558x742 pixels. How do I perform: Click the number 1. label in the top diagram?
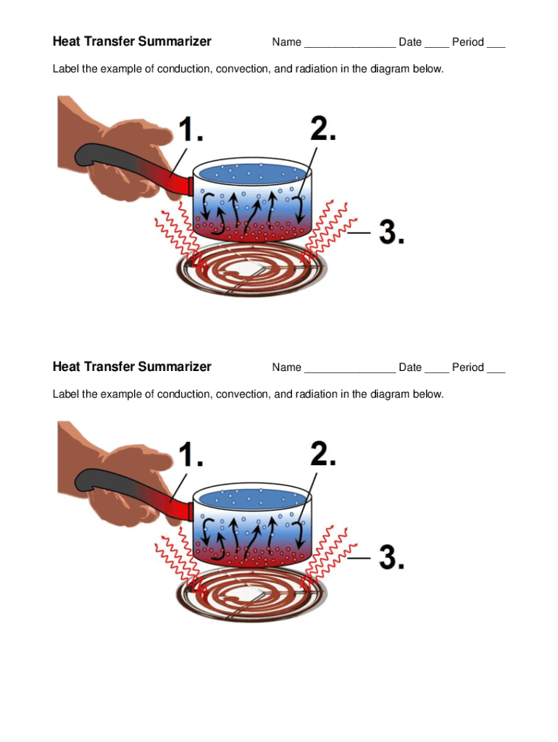[x=190, y=131]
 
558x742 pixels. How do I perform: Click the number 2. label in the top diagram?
[x=323, y=128]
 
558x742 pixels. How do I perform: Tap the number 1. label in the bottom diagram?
[x=190, y=456]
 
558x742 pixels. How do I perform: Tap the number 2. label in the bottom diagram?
[x=323, y=454]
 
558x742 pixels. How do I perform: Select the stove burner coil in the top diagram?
[x=251, y=272]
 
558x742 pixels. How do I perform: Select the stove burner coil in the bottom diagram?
[x=251, y=597]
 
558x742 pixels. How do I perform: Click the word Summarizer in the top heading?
[x=175, y=41]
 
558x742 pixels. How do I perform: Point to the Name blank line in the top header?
[x=349, y=46]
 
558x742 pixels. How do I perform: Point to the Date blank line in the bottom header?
[x=436, y=371]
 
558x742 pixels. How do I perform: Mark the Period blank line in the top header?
[x=496, y=46]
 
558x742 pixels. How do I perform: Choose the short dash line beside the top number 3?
[x=359, y=233]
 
